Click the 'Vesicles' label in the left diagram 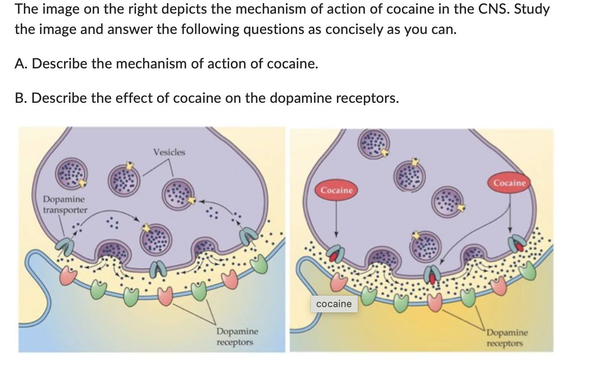[169, 152]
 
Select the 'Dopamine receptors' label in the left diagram [237, 337]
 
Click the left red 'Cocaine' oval [337, 190]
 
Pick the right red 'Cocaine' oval [510, 183]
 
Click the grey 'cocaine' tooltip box [334, 304]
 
